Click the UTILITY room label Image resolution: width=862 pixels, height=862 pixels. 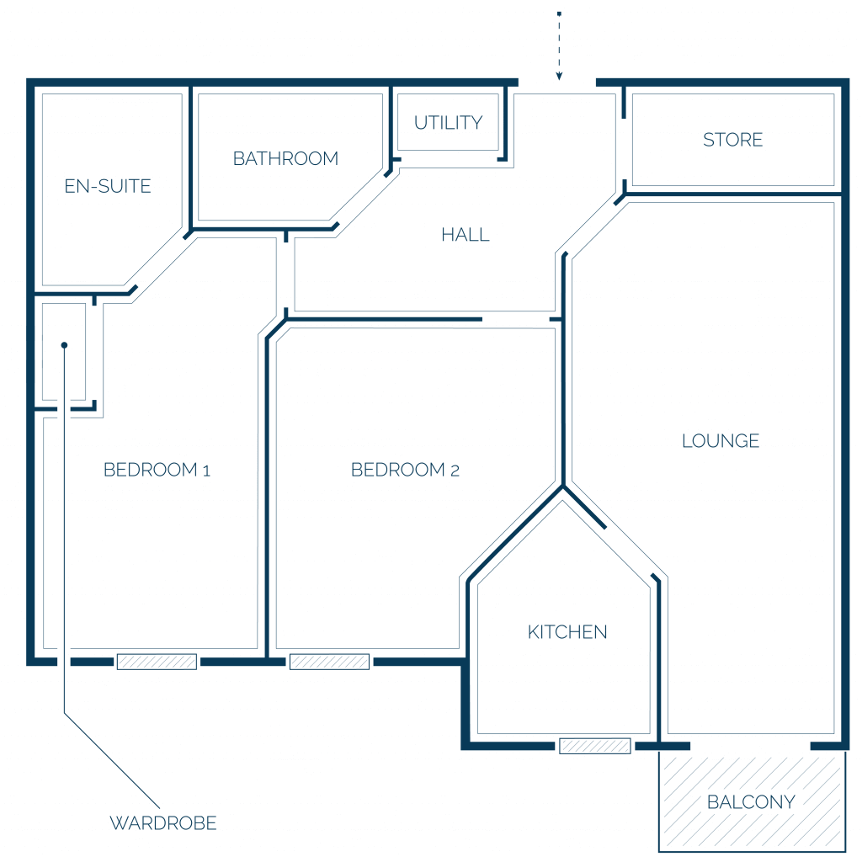[448, 123]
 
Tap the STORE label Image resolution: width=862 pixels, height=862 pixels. [733, 140]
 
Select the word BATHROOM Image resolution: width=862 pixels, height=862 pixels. [285, 158]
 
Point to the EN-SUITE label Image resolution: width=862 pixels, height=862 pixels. [108, 186]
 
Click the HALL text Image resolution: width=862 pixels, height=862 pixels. [465, 235]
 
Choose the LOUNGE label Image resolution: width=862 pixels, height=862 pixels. [721, 441]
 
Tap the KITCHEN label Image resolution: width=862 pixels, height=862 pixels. [567, 632]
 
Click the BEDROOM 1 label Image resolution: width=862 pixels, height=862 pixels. [157, 470]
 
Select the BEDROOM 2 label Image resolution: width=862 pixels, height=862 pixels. [405, 470]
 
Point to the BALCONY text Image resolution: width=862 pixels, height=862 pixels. [751, 802]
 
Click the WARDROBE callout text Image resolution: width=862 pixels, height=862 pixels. [163, 823]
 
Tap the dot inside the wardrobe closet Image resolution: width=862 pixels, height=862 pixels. [64, 345]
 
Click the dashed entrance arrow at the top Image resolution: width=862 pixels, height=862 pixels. [559, 46]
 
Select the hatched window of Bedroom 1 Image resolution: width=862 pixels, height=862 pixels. [157, 662]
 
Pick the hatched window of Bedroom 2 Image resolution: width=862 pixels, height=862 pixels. [329, 662]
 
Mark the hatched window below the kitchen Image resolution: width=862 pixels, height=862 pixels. [595, 746]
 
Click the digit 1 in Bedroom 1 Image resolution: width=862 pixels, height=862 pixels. [206, 471]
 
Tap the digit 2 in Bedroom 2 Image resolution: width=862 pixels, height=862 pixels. [455, 471]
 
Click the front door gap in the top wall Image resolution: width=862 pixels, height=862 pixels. [557, 83]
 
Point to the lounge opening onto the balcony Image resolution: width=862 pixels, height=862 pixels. [750, 746]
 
